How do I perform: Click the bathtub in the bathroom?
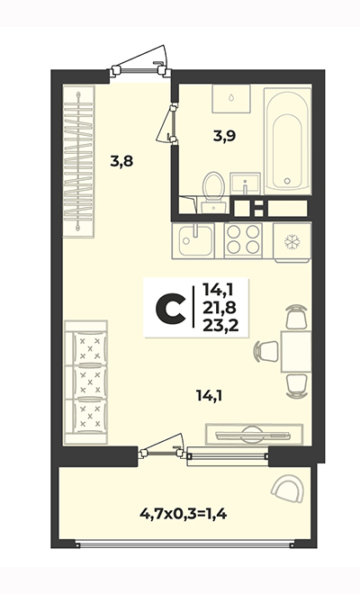[287, 141]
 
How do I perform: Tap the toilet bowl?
[214, 187]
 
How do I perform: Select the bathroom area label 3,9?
[224, 136]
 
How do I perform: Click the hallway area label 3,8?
[122, 162]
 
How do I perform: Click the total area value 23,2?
[220, 325]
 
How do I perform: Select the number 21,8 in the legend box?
[219, 308]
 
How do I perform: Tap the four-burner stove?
[243, 240]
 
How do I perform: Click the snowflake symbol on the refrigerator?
[292, 242]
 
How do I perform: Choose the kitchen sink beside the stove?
[193, 240]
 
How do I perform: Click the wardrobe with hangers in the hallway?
[78, 161]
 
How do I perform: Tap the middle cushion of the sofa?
[90, 382]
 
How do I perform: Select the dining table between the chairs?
[296, 351]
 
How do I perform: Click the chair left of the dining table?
[266, 351]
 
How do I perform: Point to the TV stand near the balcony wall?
[254, 434]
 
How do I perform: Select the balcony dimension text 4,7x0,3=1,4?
[184, 515]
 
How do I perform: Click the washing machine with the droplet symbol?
[231, 98]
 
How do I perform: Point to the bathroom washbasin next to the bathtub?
[245, 184]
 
